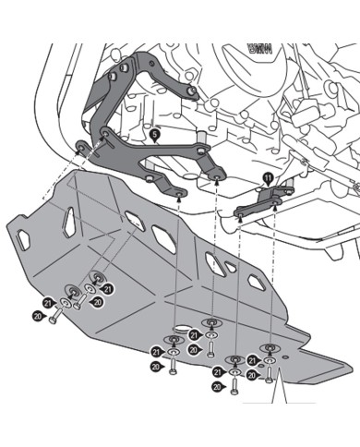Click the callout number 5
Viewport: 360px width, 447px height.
pos(155,135)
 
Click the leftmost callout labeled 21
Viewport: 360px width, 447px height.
pos(49,301)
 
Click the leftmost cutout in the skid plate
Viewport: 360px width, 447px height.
pos(70,220)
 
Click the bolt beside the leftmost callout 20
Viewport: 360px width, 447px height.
pos(56,315)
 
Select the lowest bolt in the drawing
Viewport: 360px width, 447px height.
pos(234,387)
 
